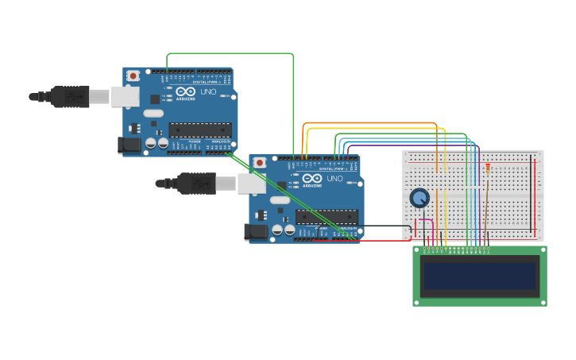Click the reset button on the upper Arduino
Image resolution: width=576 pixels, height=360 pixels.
coord(133,75)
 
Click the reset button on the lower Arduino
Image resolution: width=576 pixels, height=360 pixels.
coord(259,162)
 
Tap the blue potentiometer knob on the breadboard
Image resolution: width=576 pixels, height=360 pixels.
coord(419,198)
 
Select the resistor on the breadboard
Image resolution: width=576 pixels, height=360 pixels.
coord(486,168)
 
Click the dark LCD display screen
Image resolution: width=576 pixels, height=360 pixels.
coord(480,277)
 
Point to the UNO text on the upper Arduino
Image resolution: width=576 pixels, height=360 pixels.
coord(207,92)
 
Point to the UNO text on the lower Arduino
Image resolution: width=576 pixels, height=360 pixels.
coord(334,179)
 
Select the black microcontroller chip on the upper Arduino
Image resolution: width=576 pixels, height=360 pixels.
coord(200,130)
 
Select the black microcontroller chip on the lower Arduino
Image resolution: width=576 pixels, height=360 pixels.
coord(327,216)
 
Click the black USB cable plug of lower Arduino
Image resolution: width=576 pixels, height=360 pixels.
coord(195,183)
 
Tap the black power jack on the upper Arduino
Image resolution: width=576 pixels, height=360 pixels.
coord(128,145)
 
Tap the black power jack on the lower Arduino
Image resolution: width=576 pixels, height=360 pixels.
coord(255,231)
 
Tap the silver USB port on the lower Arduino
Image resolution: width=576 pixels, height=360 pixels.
coord(251,184)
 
